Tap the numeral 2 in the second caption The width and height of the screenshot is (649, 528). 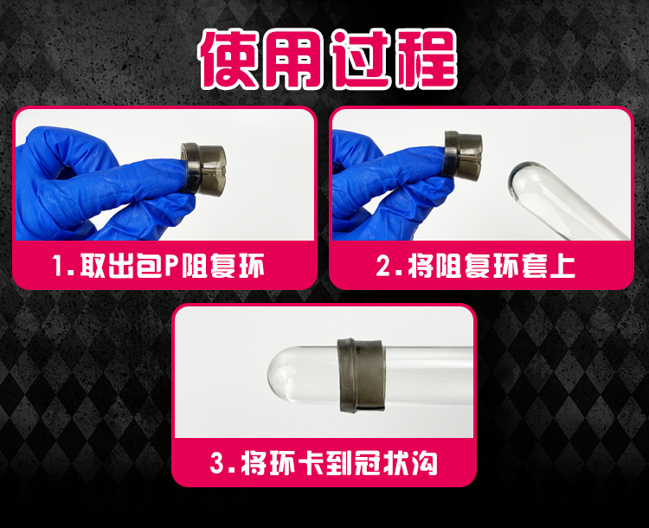383,265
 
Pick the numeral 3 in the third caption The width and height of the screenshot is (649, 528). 217,463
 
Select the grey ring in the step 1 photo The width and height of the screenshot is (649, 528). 203,169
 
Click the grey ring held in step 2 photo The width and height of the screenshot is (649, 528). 463,155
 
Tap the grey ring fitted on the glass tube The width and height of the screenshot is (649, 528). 362,375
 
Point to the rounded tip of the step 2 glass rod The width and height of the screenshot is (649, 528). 517,178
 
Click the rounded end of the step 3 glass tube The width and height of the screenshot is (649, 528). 277,375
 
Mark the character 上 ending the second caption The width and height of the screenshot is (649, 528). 562,265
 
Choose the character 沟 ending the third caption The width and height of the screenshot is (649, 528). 424,463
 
